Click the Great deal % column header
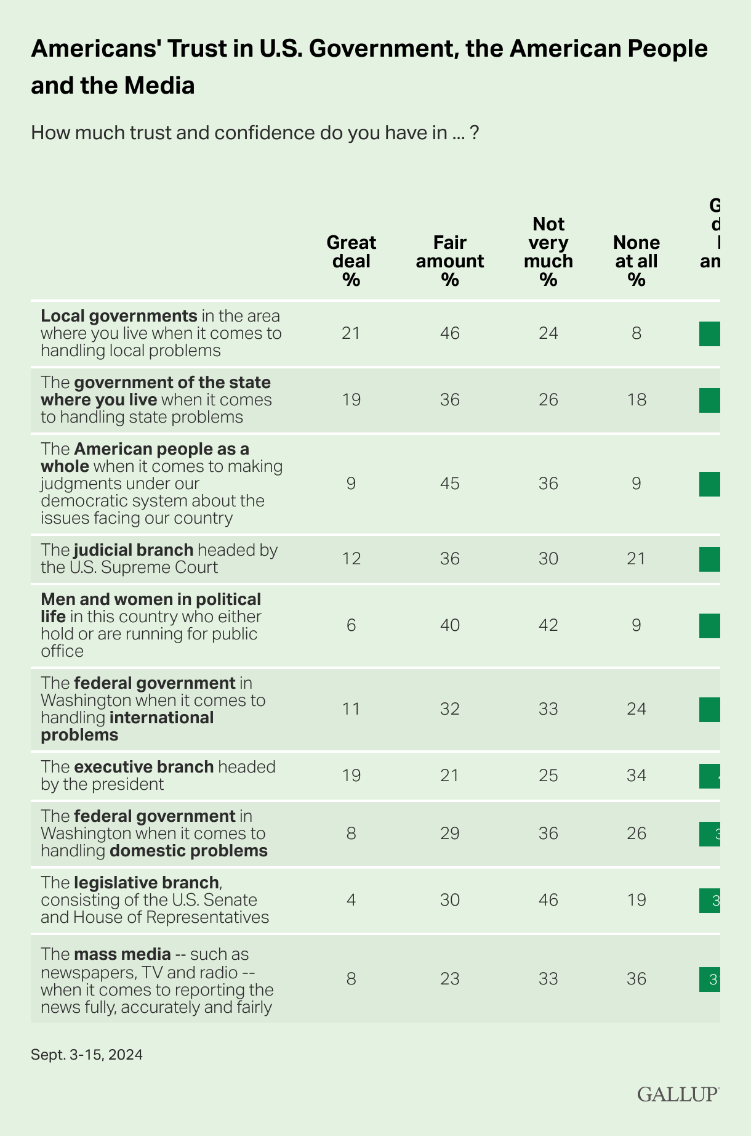pyautogui.click(x=351, y=261)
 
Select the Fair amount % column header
pyautogui.click(x=450, y=261)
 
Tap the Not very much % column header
pyautogui.click(x=548, y=251)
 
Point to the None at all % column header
pyautogui.click(x=637, y=261)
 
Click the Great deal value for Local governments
pyautogui.click(x=351, y=333)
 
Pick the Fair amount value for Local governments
pyautogui.click(x=450, y=333)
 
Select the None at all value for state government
pyautogui.click(x=637, y=400)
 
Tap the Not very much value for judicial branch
pyautogui.click(x=548, y=558)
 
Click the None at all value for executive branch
pyautogui.click(x=637, y=775)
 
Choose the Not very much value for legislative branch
pyautogui.click(x=548, y=900)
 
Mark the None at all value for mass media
pyautogui.click(x=637, y=979)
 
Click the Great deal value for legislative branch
pyautogui.click(x=351, y=900)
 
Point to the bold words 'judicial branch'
pyautogui.click(x=134, y=550)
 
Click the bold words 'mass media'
pyautogui.click(x=122, y=954)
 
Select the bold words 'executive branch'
pyautogui.click(x=143, y=767)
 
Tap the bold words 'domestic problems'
pyautogui.click(x=188, y=851)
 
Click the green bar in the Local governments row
pyautogui.click(x=710, y=333)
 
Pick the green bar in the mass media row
pyautogui.click(x=710, y=980)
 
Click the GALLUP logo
pyautogui.click(x=678, y=1094)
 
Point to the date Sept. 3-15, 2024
pyautogui.click(x=87, y=1055)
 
